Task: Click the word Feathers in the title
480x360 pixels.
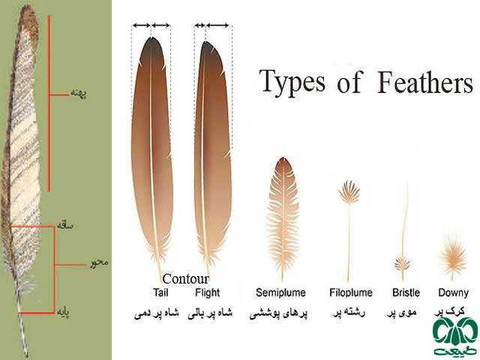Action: [x=425, y=82]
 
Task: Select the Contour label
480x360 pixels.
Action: [x=185, y=279]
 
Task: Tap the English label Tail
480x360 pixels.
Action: [x=160, y=292]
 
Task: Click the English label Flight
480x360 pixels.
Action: [x=208, y=292]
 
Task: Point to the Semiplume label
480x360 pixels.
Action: [x=280, y=293]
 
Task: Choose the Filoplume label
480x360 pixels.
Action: [x=351, y=293]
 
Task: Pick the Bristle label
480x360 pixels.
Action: [x=406, y=292]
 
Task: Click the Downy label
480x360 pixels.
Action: [x=453, y=293]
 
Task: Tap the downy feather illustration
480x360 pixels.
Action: [x=453, y=256]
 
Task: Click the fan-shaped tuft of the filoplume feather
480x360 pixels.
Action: [x=349, y=192]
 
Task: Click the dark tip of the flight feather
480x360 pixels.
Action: [x=208, y=47]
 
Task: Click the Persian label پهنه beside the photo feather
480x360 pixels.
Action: [x=79, y=93]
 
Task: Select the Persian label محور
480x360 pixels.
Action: [x=99, y=262]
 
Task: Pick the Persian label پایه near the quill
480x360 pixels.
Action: [x=64, y=312]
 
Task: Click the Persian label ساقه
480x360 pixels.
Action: [x=65, y=226]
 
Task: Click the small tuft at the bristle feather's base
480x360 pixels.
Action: [x=402, y=263]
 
